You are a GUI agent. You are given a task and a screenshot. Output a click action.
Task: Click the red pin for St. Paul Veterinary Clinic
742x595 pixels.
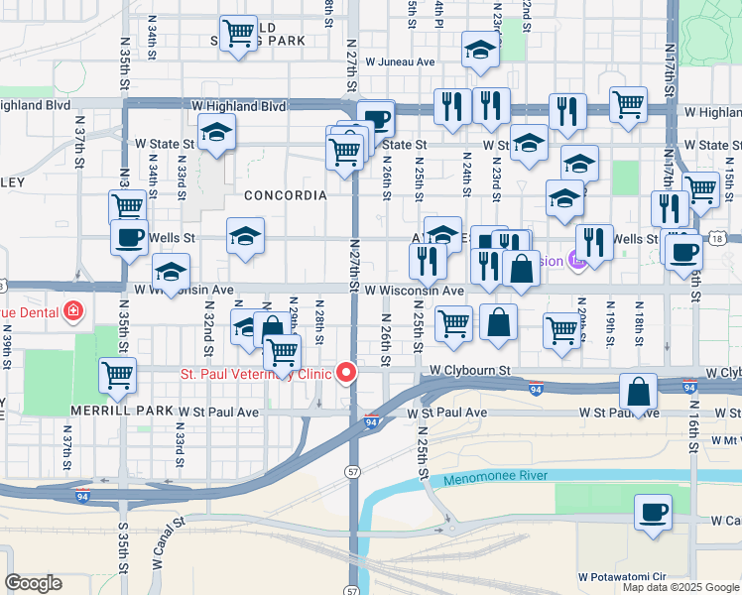click(346, 373)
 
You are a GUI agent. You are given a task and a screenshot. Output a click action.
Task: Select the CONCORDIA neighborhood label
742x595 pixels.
click(285, 195)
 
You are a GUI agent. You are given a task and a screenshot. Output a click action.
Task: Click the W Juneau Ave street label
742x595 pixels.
click(400, 61)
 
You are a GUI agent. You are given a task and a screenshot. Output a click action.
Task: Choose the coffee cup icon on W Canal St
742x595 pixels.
click(653, 514)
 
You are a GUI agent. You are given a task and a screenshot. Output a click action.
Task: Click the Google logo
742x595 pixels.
click(33, 583)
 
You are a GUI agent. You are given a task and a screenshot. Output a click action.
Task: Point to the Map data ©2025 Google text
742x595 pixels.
click(680, 587)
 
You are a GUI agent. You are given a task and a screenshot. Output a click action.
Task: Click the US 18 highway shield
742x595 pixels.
click(716, 238)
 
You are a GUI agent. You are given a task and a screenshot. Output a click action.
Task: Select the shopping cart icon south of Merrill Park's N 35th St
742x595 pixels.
click(117, 375)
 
